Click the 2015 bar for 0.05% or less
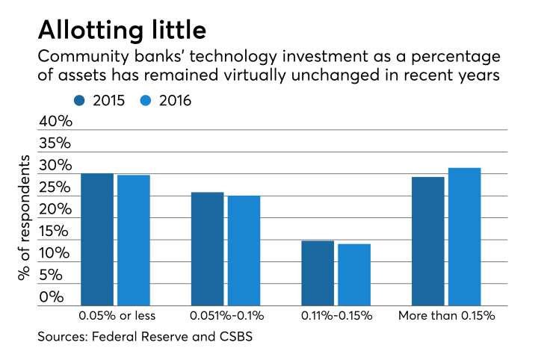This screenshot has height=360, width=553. pos(97,240)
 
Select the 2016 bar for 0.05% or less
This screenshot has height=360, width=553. pos(134,240)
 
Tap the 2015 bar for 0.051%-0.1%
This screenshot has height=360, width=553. pos(207,249)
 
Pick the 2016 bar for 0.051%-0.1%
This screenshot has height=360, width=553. pos(244,251)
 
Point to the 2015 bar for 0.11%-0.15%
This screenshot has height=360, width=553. pos(318,273)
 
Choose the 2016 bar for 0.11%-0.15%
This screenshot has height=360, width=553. pos(354,275)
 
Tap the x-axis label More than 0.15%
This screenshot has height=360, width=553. pos(447,315)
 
